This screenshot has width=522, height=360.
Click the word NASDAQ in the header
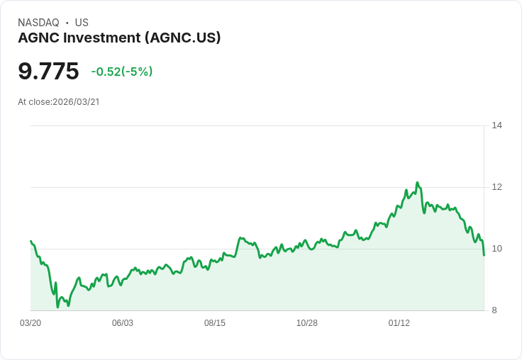pos(38,23)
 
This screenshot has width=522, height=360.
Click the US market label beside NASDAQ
pos(82,23)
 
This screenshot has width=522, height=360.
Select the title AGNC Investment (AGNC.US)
pos(119,38)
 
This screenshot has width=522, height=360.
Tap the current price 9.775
pos(48,72)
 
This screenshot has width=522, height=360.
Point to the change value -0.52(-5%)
pos(122,72)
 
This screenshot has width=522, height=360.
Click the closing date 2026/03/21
pos(76,102)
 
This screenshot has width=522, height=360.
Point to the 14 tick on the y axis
pos(496,125)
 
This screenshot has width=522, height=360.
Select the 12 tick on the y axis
pos(496,187)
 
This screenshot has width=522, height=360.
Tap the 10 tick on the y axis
pos(496,249)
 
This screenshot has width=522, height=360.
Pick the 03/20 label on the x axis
pos(30,323)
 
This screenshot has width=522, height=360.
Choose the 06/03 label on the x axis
pos(123,323)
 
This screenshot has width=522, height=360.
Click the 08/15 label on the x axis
pos(215,323)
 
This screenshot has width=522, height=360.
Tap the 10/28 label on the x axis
pos(307,323)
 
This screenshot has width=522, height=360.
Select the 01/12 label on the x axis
pos(399,323)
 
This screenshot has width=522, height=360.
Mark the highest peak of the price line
pos(417,182)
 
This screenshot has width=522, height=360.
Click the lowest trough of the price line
pos(57,308)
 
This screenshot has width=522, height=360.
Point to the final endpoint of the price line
pos(484,255)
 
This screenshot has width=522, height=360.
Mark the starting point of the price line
pos(30,241)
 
